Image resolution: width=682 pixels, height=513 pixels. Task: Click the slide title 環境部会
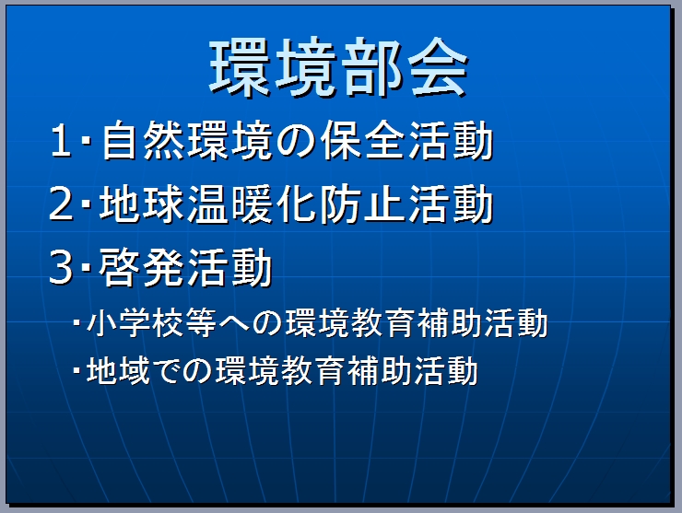pyautogui.click(x=339, y=66)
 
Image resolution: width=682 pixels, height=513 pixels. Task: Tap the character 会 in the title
pyautogui.click(x=438, y=66)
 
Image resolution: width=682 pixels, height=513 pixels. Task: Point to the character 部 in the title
pyautogui.click(x=372, y=66)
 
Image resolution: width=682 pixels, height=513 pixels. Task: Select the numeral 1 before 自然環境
pyautogui.click(x=61, y=140)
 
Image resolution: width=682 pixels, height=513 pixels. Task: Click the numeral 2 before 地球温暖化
pyautogui.click(x=61, y=204)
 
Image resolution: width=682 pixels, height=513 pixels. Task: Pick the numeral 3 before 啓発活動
pyautogui.click(x=61, y=267)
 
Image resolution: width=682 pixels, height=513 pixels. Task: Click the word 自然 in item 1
pyautogui.click(x=143, y=140)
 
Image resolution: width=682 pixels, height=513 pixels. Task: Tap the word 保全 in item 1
pyautogui.click(x=363, y=140)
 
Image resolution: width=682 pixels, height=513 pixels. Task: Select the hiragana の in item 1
pyautogui.click(x=296, y=141)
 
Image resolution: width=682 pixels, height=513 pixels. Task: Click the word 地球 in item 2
pyautogui.click(x=141, y=204)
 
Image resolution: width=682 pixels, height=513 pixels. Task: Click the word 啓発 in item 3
pyautogui.click(x=141, y=268)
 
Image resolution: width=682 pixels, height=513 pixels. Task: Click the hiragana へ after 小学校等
pyautogui.click(x=234, y=324)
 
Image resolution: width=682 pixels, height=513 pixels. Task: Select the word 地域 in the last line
pyautogui.click(x=118, y=370)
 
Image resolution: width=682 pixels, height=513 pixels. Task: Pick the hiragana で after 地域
pyautogui.click(x=168, y=371)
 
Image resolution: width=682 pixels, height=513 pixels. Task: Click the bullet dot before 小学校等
pyautogui.click(x=77, y=322)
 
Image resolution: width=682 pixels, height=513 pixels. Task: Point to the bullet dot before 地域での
pyautogui.click(x=77, y=370)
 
